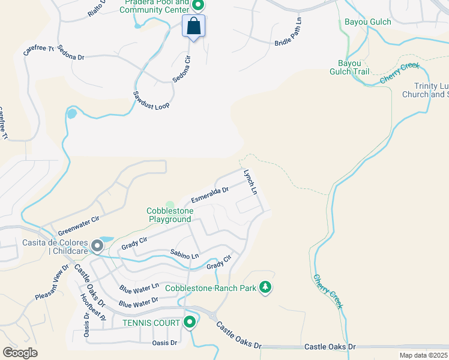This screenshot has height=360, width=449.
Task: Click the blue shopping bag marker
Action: tap(193, 26)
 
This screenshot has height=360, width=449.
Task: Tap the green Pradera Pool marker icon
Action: tap(197, 6)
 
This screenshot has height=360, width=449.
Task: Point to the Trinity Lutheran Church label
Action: tap(424, 90)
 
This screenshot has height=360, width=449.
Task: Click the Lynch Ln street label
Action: tap(250, 182)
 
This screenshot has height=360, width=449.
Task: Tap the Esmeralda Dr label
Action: tap(210, 194)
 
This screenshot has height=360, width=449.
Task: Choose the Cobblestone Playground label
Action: tap(170, 215)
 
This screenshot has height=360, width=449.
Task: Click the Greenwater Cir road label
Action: tap(78, 227)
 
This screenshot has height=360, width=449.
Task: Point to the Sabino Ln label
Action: tap(184, 254)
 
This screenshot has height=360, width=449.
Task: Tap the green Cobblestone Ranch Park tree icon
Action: tap(265, 289)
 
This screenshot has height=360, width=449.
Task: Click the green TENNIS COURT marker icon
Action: tap(190, 323)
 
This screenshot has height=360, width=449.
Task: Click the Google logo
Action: tap(20, 352)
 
